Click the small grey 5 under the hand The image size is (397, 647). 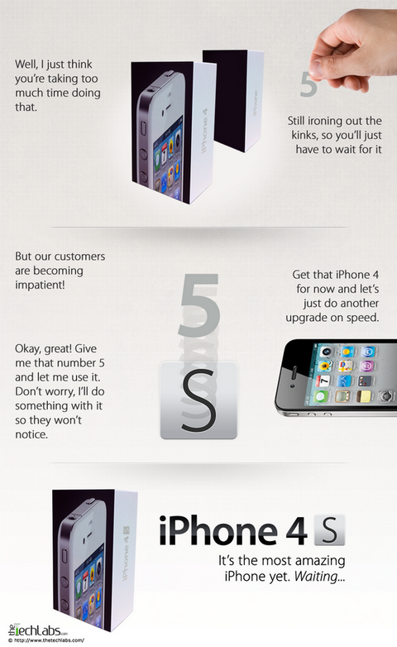pos(309,84)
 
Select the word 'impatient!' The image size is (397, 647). pos(40,285)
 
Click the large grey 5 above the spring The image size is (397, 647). pos(199,304)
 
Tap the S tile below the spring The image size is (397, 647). pos(198,400)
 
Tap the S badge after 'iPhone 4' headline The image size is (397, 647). pos(329,530)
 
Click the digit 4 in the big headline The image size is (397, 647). pos(296,531)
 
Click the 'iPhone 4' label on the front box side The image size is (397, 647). pos(204,131)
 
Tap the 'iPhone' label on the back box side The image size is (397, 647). pos(255,103)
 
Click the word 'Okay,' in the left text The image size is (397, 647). pos(28,349)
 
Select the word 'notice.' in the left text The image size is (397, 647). pos(31,434)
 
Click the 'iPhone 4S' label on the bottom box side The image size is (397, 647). pos(126,554)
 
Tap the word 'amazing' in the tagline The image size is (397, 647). pos(318,561)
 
